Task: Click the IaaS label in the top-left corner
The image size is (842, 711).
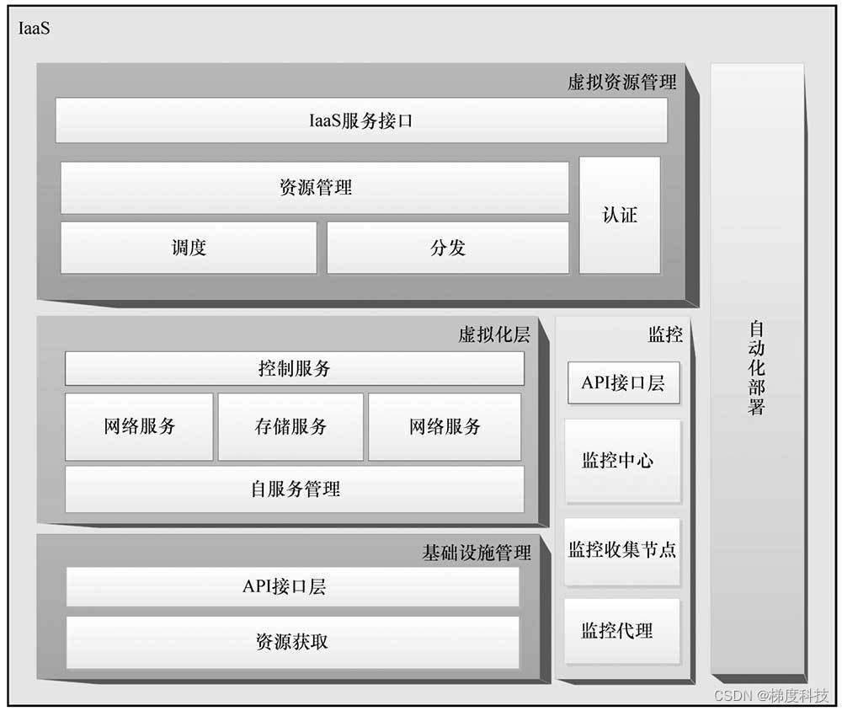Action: pyautogui.click(x=35, y=29)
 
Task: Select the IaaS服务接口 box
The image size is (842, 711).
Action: pyautogui.click(x=360, y=121)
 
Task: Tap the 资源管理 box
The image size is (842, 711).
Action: pyautogui.click(x=315, y=187)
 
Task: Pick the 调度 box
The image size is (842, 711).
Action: pyautogui.click(x=189, y=248)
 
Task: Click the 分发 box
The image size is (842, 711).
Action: pyautogui.click(x=447, y=248)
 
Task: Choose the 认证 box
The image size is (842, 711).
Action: pyautogui.click(x=620, y=215)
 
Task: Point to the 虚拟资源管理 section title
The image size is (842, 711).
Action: pyautogui.click(x=621, y=83)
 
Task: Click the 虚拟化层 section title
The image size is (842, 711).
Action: pyautogui.click(x=494, y=335)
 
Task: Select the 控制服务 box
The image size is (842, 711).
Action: pyautogui.click(x=294, y=369)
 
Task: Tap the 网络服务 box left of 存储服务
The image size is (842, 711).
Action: pyautogui.click(x=140, y=426)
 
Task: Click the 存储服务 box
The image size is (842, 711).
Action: pyautogui.click(x=290, y=426)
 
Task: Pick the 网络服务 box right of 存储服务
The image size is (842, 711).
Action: pyautogui.click(x=445, y=426)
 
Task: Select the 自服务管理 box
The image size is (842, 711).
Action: pyautogui.click(x=294, y=489)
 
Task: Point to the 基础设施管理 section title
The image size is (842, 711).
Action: pyautogui.click(x=476, y=553)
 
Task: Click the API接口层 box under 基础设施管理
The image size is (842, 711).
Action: pyautogui.click(x=292, y=587)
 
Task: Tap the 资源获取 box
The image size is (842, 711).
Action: pyautogui.click(x=292, y=641)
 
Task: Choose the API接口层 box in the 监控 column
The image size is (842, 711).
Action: pyautogui.click(x=623, y=383)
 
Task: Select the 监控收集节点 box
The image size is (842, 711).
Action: pyautogui.click(x=622, y=551)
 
